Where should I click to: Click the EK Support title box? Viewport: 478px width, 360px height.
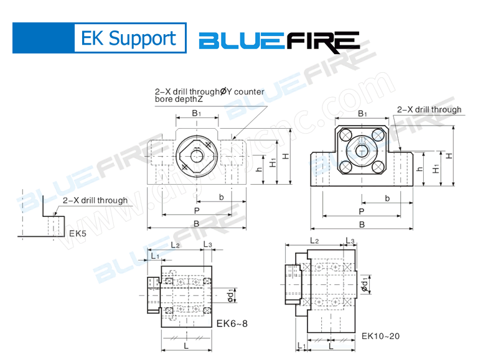tap(129, 39)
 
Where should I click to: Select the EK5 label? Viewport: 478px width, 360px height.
tap(78, 234)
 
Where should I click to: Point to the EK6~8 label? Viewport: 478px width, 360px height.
tap(232, 323)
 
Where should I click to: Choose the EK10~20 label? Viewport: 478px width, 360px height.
tap(380, 336)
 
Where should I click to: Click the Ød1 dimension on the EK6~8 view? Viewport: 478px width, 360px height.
tap(231, 292)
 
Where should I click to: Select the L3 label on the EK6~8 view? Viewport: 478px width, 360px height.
tap(208, 245)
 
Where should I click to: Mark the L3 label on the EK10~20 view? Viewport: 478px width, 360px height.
tap(350, 241)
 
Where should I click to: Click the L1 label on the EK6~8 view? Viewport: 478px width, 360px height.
tap(154, 256)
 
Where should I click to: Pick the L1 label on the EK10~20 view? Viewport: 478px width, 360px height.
tap(301, 345)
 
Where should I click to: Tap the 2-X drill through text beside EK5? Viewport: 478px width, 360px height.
tap(95, 200)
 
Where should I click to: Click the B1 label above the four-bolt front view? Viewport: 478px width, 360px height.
tap(362, 114)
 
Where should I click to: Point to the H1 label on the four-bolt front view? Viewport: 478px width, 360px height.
tap(436, 168)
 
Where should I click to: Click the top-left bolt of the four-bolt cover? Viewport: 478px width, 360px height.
tap(347, 136)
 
